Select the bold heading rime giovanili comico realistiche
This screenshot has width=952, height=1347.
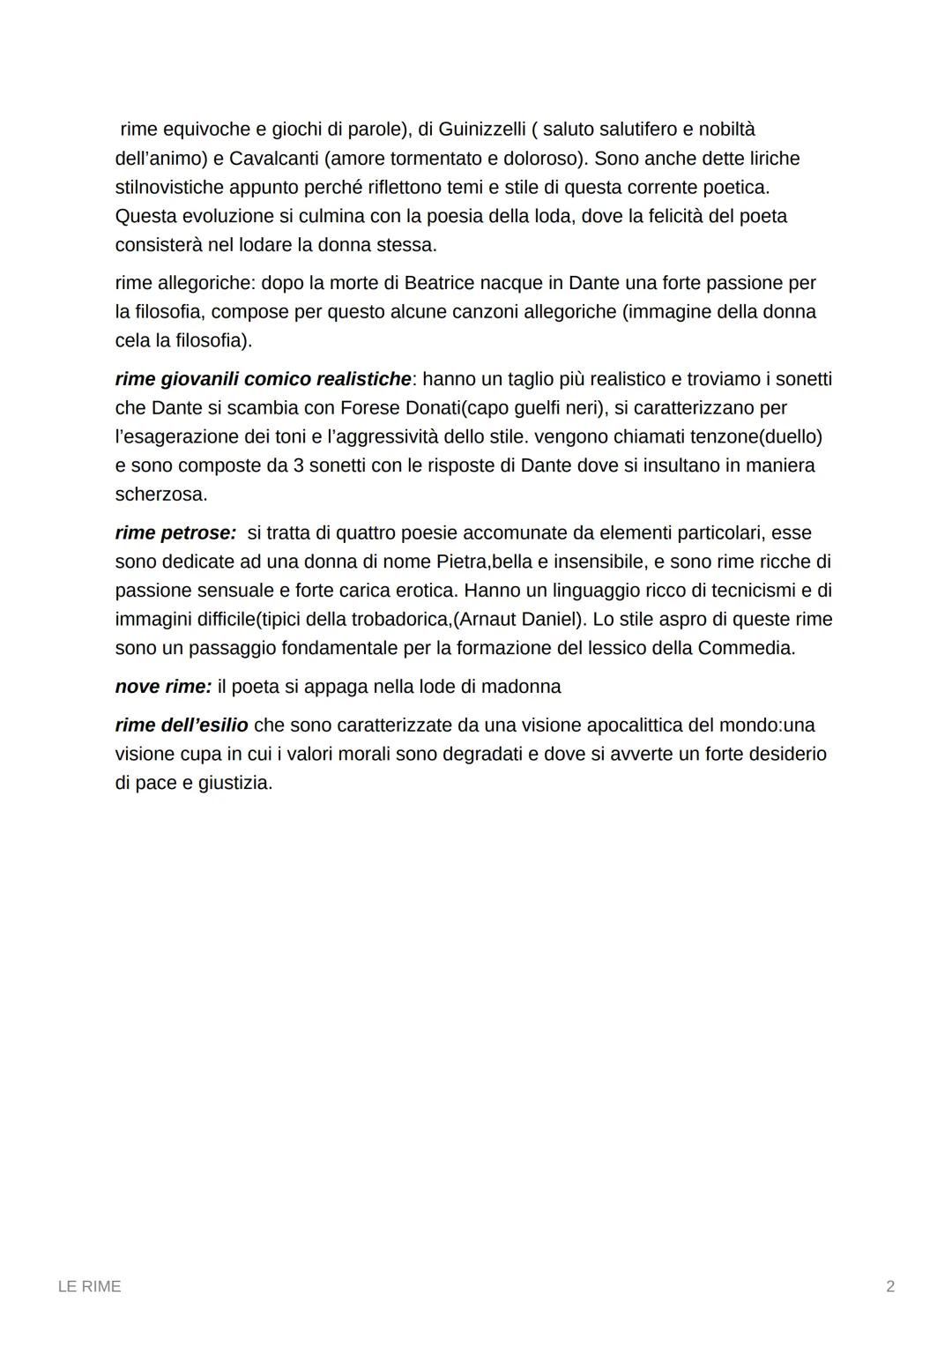pyautogui.click(x=263, y=379)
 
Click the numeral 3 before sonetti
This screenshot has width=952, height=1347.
pyautogui.click(x=299, y=465)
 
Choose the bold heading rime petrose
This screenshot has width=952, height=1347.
pyautogui.click(x=175, y=533)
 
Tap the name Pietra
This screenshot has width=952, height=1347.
pyautogui.click(x=461, y=562)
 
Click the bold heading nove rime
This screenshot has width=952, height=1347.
pyautogui.click(x=163, y=687)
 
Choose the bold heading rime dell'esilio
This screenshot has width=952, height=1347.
pyautogui.click(x=182, y=726)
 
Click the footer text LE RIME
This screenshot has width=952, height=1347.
pyautogui.click(x=89, y=1287)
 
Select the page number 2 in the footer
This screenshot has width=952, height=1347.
pyautogui.click(x=890, y=1287)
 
